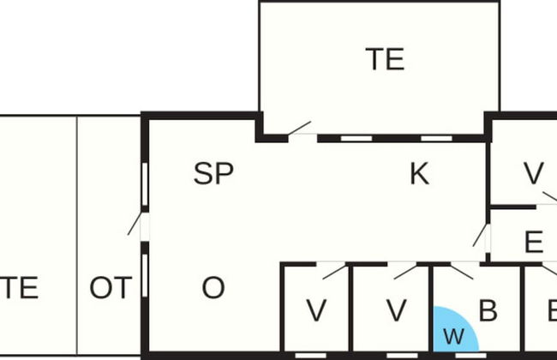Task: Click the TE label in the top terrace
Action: click(385, 59)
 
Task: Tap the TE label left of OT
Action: click(19, 287)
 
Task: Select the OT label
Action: click(111, 287)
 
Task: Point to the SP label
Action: click(213, 173)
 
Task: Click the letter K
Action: click(420, 173)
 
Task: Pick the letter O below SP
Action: click(213, 287)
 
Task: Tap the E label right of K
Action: click(534, 242)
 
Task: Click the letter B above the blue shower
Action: click(488, 310)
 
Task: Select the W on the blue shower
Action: click(454, 336)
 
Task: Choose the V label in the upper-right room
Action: click(534, 173)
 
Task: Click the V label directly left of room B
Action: click(397, 310)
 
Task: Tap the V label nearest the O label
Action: click(316, 310)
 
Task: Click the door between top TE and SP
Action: click(299, 129)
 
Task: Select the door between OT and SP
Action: click(135, 224)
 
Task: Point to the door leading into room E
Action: click(480, 235)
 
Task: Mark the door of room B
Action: click(462, 272)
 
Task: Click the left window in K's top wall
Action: click(356, 138)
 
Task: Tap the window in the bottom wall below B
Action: click(470, 356)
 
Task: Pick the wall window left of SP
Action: click(145, 184)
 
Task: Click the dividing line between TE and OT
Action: click(77, 235)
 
